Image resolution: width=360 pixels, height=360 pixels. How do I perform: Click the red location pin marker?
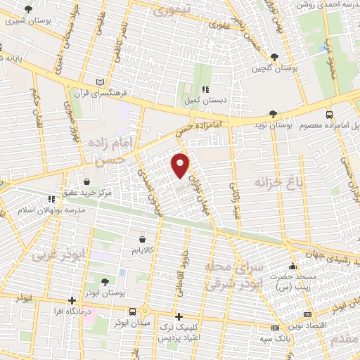click(x=181, y=165)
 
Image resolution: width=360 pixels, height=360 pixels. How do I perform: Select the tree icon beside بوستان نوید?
click(x=274, y=114)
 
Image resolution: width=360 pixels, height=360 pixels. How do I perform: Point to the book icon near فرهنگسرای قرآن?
click(x=108, y=82)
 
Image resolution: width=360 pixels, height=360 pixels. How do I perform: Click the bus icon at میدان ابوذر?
click(x=133, y=311)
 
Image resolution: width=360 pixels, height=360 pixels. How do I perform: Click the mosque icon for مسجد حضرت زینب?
click(x=292, y=266)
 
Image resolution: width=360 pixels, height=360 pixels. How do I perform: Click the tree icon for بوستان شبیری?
click(x=27, y=10)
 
